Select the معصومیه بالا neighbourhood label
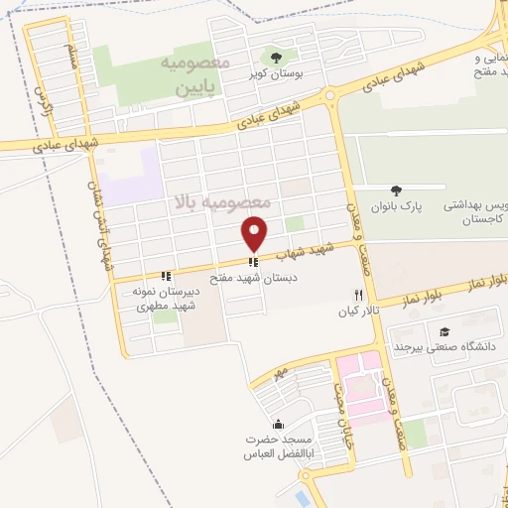[221, 202]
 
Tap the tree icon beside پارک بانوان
[397, 190]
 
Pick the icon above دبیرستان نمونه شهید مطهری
[166, 276]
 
